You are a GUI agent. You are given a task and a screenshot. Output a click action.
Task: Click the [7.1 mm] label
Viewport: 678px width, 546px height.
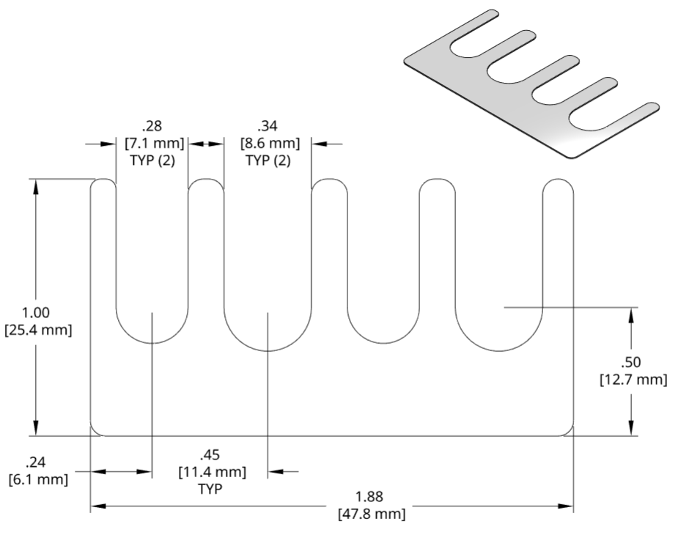(x=152, y=143)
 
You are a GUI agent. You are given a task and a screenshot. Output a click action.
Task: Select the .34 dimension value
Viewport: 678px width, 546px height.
(x=268, y=125)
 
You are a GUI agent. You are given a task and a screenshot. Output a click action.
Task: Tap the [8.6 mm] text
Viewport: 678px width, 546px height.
(x=268, y=143)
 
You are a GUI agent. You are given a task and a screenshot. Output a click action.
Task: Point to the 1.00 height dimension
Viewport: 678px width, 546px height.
(x=37, y=313)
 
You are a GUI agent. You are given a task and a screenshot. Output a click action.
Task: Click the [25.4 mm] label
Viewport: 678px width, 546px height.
(x=37, y=330)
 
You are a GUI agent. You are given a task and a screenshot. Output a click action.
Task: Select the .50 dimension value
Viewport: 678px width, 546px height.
(x=631, y=362)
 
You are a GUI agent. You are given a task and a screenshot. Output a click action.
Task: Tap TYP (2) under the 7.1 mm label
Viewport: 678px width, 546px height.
(x=152, y=161)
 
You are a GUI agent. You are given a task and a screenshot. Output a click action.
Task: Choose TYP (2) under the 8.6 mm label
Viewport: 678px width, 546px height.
(x=268, y=161)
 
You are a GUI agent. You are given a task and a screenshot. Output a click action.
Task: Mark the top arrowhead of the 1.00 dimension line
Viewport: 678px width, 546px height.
(x=37, y=183)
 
